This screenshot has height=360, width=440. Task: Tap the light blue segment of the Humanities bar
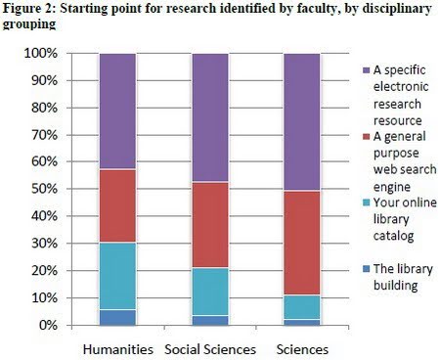coord(117,276)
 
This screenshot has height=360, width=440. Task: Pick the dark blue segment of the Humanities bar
coord(117,317)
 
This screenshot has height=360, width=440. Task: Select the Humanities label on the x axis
coord(116,348)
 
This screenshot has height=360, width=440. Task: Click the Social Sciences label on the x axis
coord(208,348)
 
